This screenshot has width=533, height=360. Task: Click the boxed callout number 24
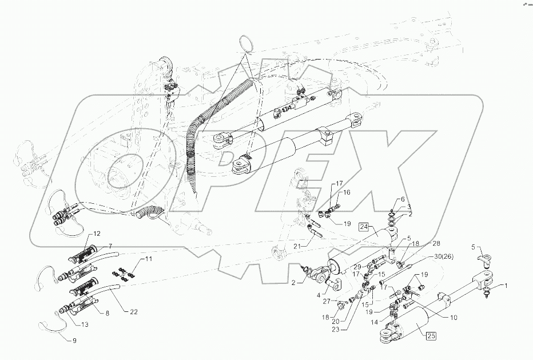click(365, 228)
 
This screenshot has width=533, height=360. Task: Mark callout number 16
click(347, 193)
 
